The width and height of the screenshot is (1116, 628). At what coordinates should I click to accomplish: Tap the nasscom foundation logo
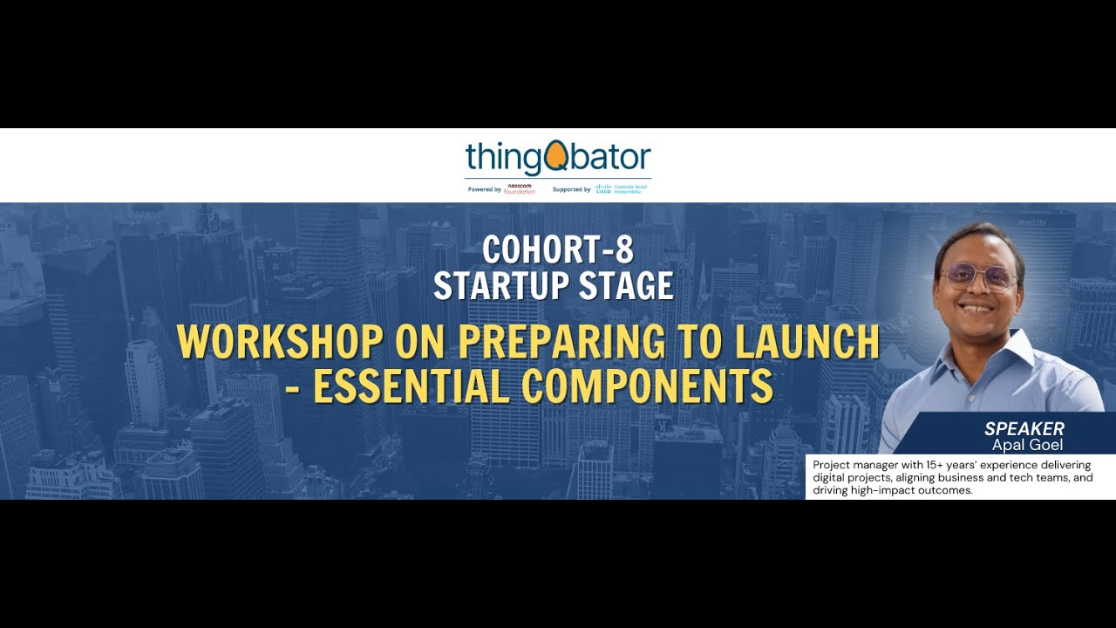(x=521, y=189)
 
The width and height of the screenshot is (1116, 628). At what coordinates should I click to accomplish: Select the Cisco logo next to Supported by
(x=604, y=189)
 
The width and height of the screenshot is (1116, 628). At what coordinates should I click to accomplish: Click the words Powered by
(x=485, y=189)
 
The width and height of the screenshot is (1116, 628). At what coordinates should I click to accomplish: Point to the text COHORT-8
(x=558, y=250)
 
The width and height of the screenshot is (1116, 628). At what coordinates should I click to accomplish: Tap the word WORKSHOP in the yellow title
(x=278, y=342)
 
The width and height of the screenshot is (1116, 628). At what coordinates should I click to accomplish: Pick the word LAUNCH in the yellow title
(x=807, y=342)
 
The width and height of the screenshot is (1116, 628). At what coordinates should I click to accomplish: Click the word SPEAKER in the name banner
(x=1024, y=428)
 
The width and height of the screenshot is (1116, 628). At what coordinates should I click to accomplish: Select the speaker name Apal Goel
(x=1027, y=445)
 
